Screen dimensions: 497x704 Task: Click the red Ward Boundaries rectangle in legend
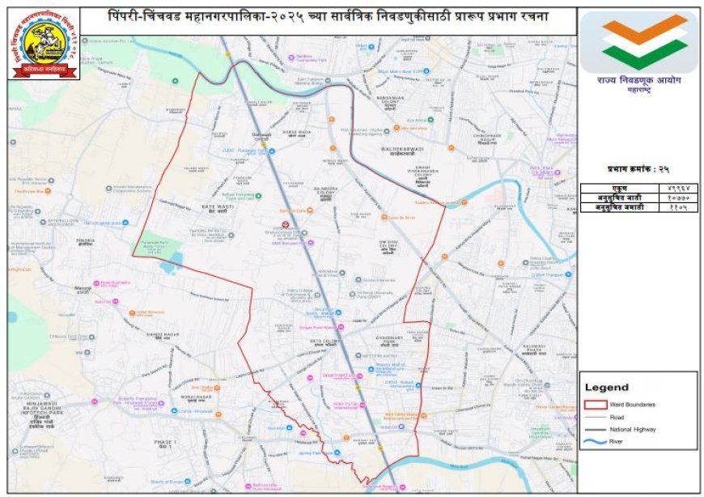[x=595, y=404]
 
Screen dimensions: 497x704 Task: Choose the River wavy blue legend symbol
[x=595, y=441]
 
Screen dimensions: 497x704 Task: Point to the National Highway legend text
[x=633, y=429]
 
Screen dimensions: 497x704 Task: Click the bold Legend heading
[x=606, y=388]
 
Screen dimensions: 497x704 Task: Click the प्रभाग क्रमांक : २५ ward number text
[x=638, y=170]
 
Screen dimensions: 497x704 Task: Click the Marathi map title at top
[x=328, y=17]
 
